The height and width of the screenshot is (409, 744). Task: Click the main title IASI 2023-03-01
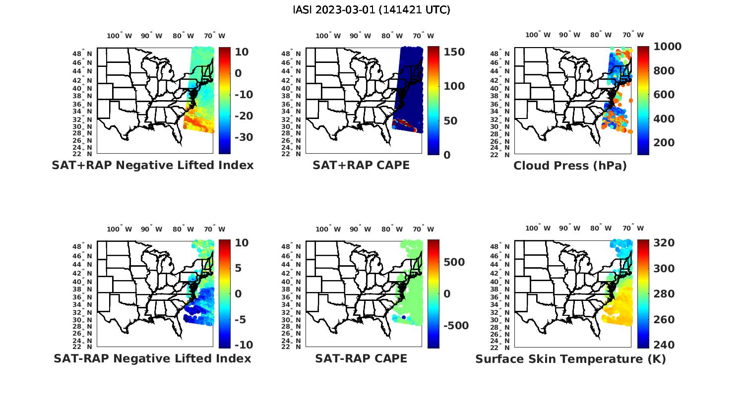click(x=372, y=10)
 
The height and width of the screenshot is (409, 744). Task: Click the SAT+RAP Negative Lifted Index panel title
click(x=152, y=165)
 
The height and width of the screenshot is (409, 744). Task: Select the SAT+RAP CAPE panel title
click(x=361, y=165)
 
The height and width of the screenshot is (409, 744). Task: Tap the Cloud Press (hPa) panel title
click(x=570, y=166)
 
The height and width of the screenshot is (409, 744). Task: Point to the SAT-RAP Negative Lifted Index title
click(x=152, y=358)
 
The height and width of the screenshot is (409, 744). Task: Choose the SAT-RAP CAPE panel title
click(x=361, y=358)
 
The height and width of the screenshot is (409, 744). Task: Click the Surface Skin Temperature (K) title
click(x=570, y=359)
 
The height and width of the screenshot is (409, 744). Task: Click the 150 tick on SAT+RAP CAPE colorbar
click(x=454, y=52)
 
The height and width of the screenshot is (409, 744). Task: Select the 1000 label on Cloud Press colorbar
click(x=667, y=47)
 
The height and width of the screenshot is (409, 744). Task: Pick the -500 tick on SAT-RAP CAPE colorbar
click(x=455, y=325)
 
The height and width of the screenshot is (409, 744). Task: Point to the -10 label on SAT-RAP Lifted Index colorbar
click(x=243, y=345)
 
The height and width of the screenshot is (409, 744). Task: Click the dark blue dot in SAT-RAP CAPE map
click(x=404, y=317)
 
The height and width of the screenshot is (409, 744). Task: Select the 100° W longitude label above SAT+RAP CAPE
click(x=328, y=36)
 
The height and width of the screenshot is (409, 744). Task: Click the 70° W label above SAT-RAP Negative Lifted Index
click(x=215, y=229)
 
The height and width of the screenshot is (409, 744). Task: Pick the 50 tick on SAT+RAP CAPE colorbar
click(x=450, y=120)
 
